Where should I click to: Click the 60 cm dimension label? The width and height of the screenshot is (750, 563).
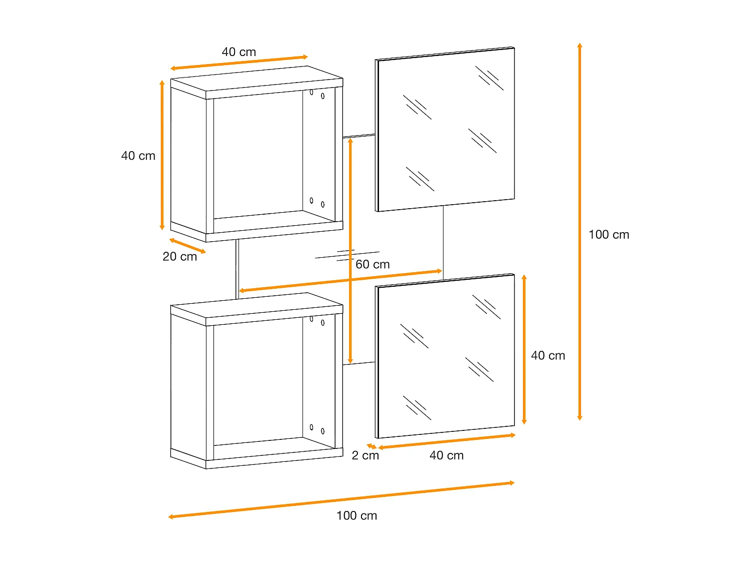[372, 264]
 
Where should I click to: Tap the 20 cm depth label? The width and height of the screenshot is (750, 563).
[179, 257]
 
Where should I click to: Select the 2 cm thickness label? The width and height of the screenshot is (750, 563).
[365, 455]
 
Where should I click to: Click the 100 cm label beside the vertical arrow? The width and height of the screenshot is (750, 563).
[608, 235]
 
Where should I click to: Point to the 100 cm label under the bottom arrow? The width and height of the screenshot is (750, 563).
[356, 516]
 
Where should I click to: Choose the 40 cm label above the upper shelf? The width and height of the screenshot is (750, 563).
[238, 52]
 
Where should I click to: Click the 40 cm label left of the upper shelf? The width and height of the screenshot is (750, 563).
[138, 156]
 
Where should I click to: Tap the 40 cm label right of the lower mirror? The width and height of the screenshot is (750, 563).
[548, 356]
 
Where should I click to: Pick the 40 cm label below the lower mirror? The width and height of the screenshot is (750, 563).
[446, 455]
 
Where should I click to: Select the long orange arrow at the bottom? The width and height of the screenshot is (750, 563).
[341, 499]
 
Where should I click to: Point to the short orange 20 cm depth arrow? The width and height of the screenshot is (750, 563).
[187, 246]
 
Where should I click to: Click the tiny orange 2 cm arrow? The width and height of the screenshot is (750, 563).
[371, 446]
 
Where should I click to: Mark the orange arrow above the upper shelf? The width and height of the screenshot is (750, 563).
[239, 63]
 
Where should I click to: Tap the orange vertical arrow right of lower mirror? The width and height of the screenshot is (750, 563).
[524, 349]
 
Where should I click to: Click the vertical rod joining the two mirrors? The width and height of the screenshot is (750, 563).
[443, 242]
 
